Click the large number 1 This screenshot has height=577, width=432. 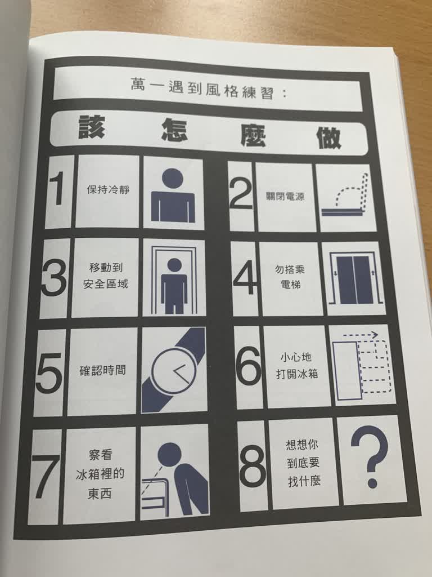tap(57, 190)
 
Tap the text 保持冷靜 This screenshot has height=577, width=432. tap(108, 189)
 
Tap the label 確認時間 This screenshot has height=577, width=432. tap(102, 371)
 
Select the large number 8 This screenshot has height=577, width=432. tap(253, 465)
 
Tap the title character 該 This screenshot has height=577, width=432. tap(93, 128)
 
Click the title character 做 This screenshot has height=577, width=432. tap(328, 138)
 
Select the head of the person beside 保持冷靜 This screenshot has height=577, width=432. tap(172, 179)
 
